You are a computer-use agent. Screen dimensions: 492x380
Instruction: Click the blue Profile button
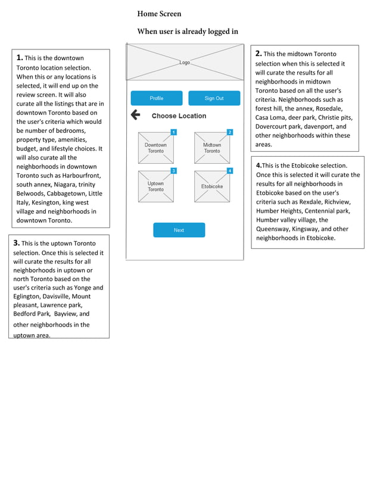pyautogui.click(x=156, y=98)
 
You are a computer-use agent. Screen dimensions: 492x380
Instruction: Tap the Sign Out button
pyautogui.click(x=214, y=98)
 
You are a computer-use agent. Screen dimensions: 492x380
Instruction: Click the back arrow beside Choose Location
pyautogui.click(x=135, y=115)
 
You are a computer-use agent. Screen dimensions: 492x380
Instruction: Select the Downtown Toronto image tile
pyautogui.click(x=155, y=148)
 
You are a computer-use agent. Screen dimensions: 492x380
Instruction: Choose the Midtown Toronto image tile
pyautogui.click(x=211, y=148)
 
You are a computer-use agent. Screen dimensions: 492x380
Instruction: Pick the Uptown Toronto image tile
pyautogui.click(x=155, y=187)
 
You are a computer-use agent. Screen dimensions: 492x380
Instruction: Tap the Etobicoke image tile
pyautogui.click(x=211, y=187)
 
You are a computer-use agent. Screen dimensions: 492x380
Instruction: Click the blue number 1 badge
pyautogui.click(x=173, y=132)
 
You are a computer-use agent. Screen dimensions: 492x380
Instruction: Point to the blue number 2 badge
pyautogui.click(x=230, y=132)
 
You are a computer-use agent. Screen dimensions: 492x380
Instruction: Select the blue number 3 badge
pyautogui.click(x=173, y=171)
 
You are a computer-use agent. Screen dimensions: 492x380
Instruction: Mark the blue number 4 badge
pyautogui.click(x=230, y=171)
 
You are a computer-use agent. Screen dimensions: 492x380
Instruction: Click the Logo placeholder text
pyautogui.click(x=185, y=63)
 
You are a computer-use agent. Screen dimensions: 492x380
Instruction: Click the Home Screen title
pyautogui.click(x=159, y=14)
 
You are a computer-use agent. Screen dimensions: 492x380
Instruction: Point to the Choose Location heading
pyautogui.click(x=179, y=116)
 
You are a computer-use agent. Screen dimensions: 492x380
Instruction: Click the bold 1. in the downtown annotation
pyautogui.click(x=20, y=58)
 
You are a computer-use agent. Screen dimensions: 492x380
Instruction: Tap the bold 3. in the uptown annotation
pyautogui.click(x=17, y=243)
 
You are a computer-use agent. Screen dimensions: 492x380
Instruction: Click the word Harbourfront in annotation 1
pyautogui.click(x=80, y=176)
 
